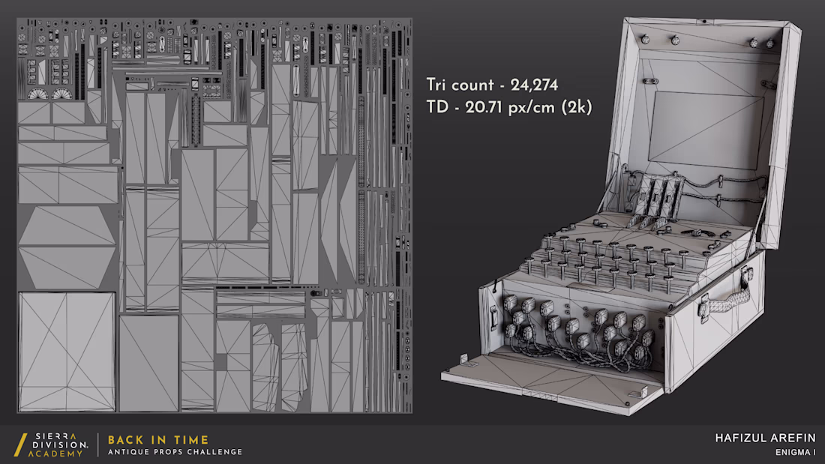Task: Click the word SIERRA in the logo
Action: tap(55, 437)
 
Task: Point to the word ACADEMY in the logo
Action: tap(55, 454)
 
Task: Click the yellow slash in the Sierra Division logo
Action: tap(20, 445)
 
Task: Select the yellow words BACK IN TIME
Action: tap(158, 440)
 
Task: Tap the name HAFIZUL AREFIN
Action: tap(765, 439)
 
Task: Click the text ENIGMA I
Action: tap(795, 453)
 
